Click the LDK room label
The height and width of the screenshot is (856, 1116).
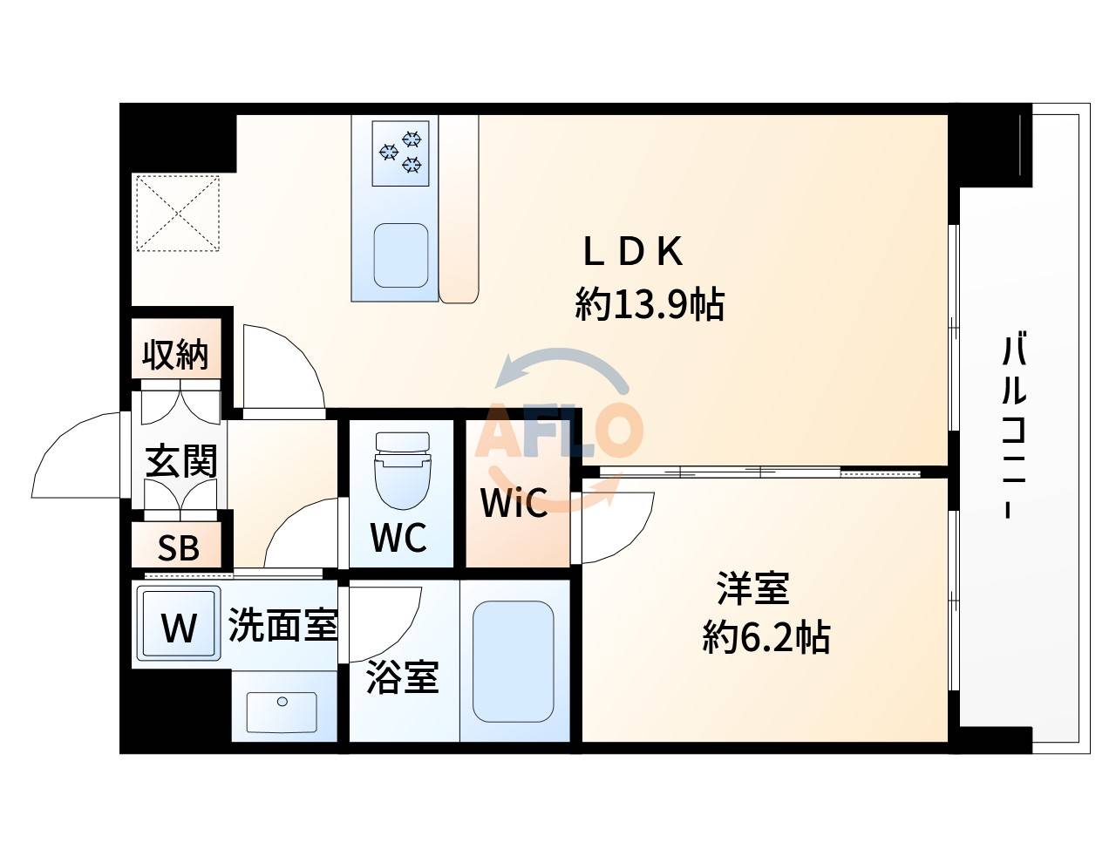633,253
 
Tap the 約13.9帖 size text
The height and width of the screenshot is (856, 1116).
650,305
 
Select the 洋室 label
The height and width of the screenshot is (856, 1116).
753,589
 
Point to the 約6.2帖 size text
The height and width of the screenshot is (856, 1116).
766,639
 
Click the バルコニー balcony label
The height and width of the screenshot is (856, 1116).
1013,426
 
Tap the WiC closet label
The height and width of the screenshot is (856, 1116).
514,503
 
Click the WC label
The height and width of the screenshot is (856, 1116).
398,538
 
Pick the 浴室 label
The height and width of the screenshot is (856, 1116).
402,677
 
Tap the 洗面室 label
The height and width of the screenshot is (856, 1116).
282,626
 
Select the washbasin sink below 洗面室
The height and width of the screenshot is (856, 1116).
282,710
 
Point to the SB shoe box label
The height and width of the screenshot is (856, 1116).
178,547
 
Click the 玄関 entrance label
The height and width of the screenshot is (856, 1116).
180,461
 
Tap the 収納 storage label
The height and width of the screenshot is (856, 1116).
176,355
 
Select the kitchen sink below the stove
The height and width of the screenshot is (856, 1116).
401,255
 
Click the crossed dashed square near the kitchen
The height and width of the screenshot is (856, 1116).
177,213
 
